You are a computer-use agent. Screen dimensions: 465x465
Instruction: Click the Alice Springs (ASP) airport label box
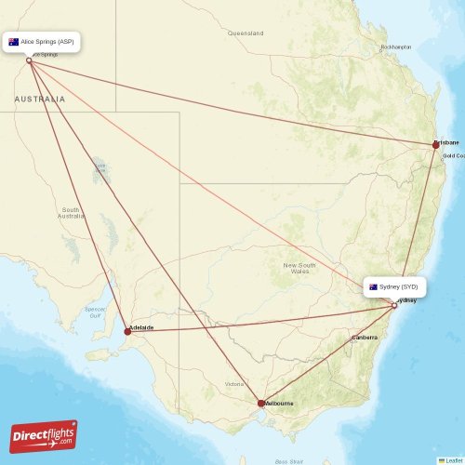pos(43,42)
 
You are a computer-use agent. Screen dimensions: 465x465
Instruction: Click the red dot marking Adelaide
pos(127,330)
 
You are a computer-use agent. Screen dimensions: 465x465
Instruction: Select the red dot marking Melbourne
pos(261,403)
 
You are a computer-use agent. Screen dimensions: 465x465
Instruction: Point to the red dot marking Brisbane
pos(434,144)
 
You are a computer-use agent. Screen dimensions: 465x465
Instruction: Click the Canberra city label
pos(364,337)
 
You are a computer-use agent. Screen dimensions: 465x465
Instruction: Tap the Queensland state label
pos(246,33)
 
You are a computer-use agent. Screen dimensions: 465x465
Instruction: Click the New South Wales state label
pos(299,269)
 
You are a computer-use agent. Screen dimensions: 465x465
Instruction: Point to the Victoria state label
pos(233,383)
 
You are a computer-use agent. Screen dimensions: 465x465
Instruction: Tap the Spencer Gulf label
pos(94,312)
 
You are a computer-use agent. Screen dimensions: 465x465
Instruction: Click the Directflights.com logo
pos(44,436)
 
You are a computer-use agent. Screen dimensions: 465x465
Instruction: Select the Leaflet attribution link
pos(453,459)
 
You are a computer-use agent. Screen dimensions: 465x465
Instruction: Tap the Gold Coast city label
pos(453,155)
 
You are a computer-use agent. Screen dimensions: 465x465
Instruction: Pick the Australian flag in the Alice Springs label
pos(14,42)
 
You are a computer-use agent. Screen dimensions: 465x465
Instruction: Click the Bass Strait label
pos(289,460)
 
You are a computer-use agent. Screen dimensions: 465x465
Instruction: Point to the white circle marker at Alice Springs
pos(29,60)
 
